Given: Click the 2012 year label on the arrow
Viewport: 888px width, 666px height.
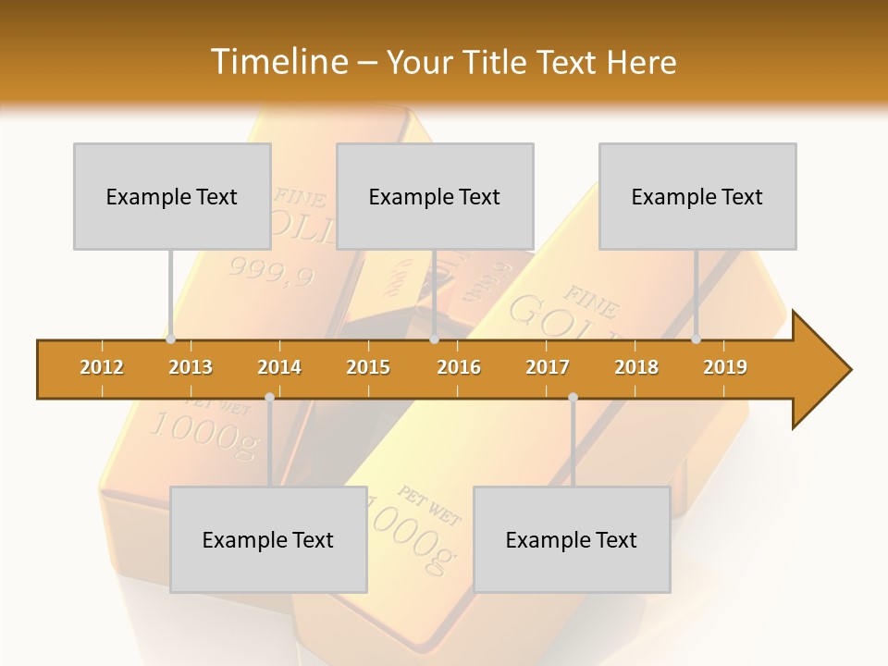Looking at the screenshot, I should tap(102, 367).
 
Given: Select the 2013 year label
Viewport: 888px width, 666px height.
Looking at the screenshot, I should tap(191, 367).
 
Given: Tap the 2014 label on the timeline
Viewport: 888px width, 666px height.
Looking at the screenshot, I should tap(279, 367).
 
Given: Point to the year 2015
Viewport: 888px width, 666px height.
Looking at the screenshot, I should tap(368, 367).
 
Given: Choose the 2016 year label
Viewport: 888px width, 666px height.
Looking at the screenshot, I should tap(459, 367).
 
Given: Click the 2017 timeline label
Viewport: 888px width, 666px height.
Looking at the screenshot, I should tap(548, 367).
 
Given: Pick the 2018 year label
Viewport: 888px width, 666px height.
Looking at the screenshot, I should tap(636, 367).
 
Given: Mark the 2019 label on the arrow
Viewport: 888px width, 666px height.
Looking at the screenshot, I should tap(725, 367).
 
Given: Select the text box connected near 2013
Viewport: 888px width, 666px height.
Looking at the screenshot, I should tap(172, 196).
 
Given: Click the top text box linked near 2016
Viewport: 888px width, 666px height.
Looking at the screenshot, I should tap(435, 196).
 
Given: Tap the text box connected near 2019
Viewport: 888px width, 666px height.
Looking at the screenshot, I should tap(697, 196).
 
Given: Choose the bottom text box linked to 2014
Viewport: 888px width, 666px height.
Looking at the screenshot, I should tap(268, 539).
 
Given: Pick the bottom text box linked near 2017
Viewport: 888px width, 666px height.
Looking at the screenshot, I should tap(572, 539).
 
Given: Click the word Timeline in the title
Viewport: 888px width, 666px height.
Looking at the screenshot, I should tap(277, 62).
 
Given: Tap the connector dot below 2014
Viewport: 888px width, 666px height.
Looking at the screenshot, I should tap(269, 397).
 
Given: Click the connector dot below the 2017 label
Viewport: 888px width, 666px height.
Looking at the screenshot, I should tap(573, 397).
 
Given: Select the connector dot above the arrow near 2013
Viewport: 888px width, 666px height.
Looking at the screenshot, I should tap(171, 339).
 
